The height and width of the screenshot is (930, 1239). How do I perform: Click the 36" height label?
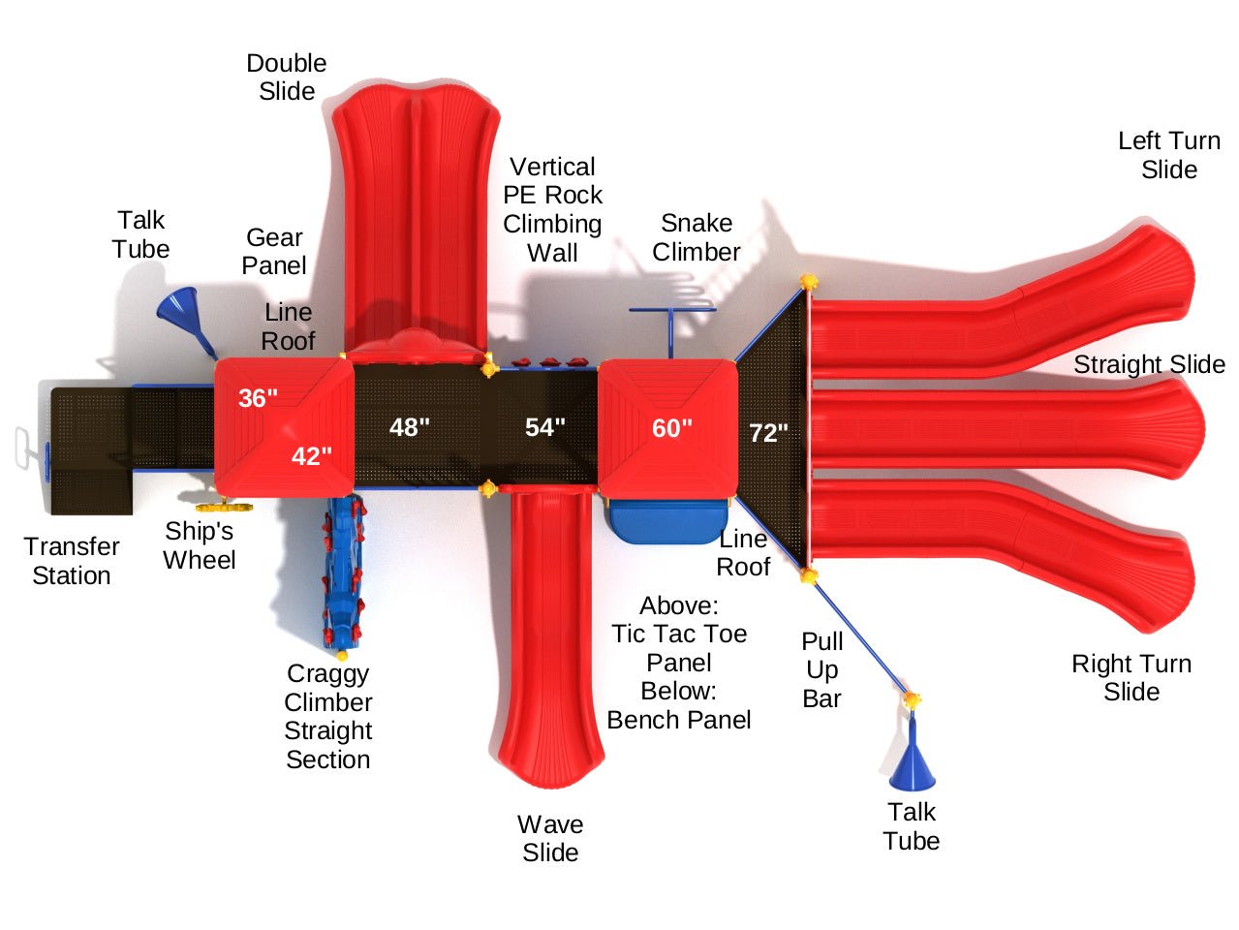[x=258, y=397]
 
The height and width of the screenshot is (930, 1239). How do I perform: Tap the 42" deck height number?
[x=312, y=455]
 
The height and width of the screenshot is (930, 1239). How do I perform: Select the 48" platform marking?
[x=410, y=427]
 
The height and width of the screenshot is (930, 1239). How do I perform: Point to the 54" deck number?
[x=545, y=427]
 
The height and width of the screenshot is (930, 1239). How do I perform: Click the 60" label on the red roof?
[x=672, y=428]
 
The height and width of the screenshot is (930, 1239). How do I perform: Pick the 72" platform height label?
[x=769, y=433]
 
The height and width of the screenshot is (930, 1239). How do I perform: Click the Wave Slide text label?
[x=550, y=838]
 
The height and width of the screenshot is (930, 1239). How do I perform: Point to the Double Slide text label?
[x=287, y=77]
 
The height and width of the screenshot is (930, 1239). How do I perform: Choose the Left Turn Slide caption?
[x=1169, y=155]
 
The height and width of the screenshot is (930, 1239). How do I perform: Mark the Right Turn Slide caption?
[x=1131, y=677]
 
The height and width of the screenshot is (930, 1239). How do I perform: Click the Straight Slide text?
[x=1149, y=364]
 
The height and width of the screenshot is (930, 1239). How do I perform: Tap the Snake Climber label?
[x=696, y=237]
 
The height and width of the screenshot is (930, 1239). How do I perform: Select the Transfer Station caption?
[x=72, y=561]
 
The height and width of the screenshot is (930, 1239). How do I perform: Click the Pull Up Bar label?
[x=822, y=669]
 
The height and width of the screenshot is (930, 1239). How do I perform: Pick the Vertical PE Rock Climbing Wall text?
[x=552, y=209]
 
